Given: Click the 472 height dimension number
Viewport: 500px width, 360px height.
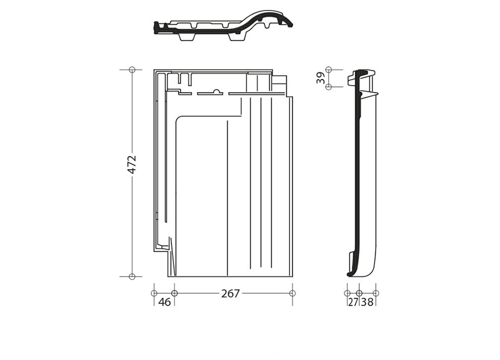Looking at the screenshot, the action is click(131, 164).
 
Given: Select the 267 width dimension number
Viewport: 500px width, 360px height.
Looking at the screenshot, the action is click(230, 293).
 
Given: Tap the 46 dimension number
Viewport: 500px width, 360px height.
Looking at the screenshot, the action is click(165, 302).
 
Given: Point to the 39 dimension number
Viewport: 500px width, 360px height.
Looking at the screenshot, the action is click(320, 78).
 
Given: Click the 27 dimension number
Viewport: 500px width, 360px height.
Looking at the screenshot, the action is click(353, 302).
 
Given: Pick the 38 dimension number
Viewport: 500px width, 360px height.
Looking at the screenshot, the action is click(367, 302).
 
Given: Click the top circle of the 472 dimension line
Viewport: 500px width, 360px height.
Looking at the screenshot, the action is click(132, 70).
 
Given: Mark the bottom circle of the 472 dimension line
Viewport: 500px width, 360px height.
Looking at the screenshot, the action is click(132, 276).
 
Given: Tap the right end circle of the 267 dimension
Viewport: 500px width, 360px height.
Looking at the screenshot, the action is click(292, 293).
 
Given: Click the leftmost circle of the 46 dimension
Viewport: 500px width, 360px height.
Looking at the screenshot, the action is click(154, 293).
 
